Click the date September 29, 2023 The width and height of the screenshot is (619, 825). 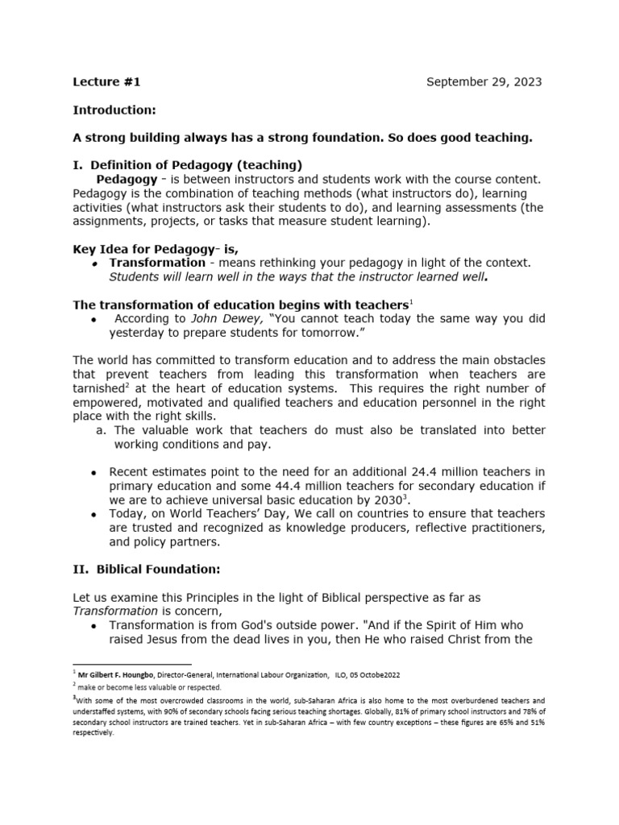click(484, 81)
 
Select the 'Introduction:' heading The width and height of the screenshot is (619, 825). click(114, 110)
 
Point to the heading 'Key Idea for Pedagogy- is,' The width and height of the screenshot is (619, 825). click(156, 249)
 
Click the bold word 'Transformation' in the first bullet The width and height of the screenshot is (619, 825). click(157, 263)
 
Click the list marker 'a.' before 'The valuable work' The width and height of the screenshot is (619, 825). click(101, 429)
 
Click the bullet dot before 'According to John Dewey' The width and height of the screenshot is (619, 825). click(95, 319)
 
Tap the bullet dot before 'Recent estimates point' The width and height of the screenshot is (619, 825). click(95, 472)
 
